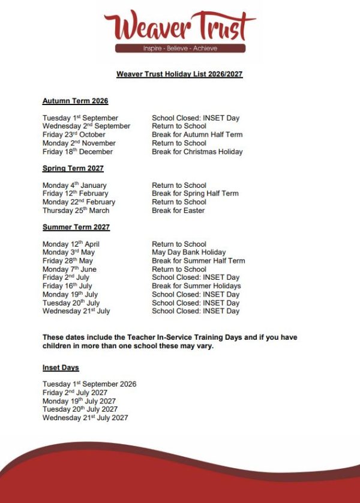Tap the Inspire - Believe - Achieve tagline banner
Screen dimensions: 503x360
click(180, 48)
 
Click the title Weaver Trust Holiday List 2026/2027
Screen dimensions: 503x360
click(179, 74)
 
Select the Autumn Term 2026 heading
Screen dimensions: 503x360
click(75, 101)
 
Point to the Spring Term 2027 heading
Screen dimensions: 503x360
click(73, 168)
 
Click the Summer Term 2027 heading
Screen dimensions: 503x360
click(76, 227)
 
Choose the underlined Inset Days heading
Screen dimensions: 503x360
click(61, 367)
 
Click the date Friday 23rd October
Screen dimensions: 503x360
click(74, 134)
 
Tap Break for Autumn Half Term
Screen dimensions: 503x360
click(197, 134)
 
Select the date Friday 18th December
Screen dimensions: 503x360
click(77, 152)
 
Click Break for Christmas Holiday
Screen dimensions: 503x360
click(197, 152)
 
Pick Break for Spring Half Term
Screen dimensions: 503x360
click(195, 193)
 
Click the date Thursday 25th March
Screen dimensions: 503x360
click(76, 211)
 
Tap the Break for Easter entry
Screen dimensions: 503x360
click(178, 211)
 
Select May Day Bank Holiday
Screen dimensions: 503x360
click(188, 252)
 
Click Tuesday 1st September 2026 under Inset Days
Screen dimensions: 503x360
click(89, 384)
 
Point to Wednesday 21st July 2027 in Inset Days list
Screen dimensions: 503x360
click(85, 418)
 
